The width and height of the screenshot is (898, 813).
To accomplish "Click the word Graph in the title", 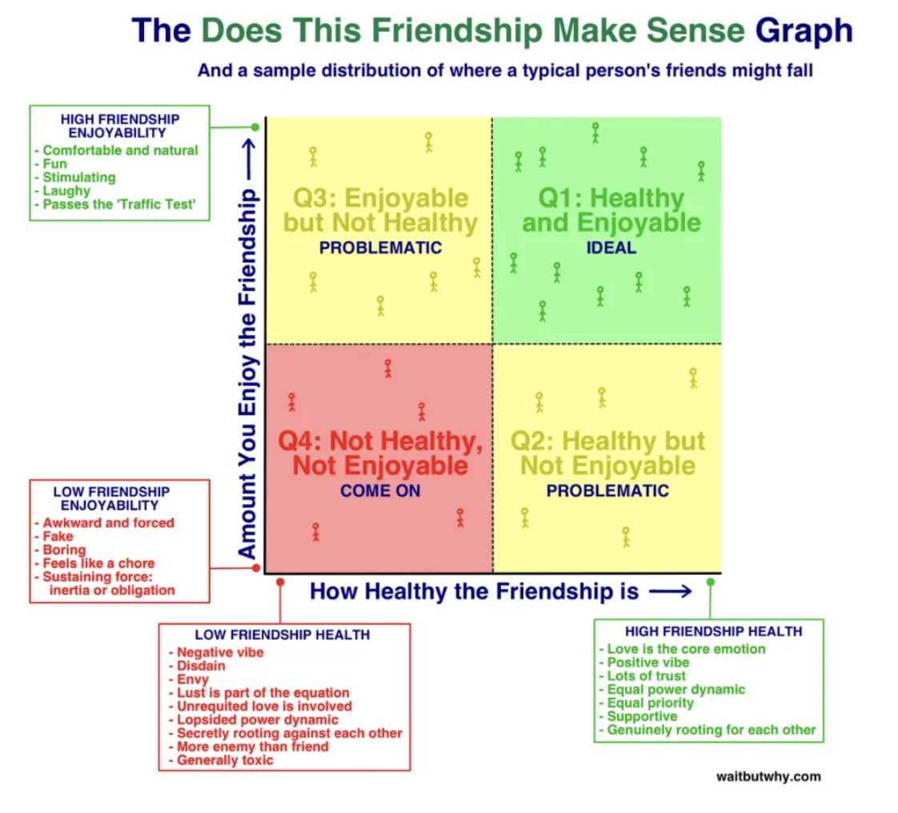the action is tap(804, 31).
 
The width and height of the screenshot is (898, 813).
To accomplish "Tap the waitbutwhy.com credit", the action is tap(768, 776).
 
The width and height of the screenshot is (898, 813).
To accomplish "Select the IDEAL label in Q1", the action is tap(611, 248).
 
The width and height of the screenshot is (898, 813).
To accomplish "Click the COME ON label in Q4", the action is tap(380, 491).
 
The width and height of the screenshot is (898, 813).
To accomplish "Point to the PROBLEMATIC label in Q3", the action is tap(380, 248).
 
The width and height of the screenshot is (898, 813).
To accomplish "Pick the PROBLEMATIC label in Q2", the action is tap(607, 491).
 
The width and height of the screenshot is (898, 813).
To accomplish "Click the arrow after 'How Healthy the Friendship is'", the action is tap(670, 591).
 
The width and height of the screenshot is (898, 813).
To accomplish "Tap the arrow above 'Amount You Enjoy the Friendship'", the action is tap(248, 160).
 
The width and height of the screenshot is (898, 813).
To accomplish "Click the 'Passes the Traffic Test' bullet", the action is tap(115, 204).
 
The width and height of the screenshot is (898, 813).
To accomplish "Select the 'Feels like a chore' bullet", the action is tap(94, 563).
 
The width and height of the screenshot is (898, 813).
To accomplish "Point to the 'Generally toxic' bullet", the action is tap(221, 760).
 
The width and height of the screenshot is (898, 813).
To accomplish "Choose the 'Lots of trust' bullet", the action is tap(642, 675).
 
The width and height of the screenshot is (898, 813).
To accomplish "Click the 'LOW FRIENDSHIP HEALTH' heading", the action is tap(283, 635).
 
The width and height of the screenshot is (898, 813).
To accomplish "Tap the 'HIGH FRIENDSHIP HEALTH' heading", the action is tap(714, 631).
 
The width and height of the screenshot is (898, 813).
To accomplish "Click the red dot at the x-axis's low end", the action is tap(280, 583).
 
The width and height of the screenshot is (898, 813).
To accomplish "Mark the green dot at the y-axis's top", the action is tap(255, 127).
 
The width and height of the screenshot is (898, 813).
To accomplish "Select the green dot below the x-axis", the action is tap(711, 583).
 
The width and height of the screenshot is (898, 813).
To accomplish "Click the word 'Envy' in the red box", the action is tap(192, 679).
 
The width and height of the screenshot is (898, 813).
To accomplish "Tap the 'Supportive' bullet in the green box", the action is tap(638, 716).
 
